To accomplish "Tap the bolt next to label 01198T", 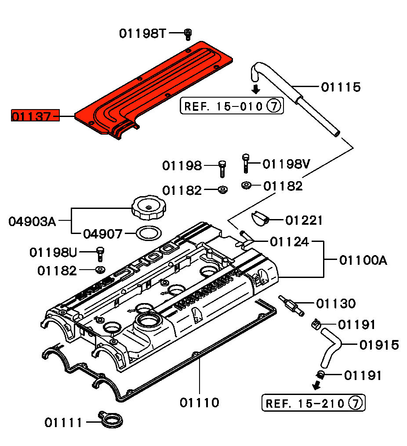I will [189, 33].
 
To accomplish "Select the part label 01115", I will [341, 87].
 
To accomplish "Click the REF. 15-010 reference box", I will [232, 106].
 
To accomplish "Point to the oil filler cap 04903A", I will [147, 208].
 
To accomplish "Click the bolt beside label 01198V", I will [246, 164].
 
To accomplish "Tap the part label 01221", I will [304, 220].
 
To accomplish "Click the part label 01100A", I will [363, 260].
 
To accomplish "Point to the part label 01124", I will [289, 241].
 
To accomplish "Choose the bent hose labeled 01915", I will [332, 347].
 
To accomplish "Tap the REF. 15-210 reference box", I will [313, 402].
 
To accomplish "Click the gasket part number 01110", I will [199, 402].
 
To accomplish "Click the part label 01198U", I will [53, 252].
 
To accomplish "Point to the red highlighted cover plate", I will [154, 88].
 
